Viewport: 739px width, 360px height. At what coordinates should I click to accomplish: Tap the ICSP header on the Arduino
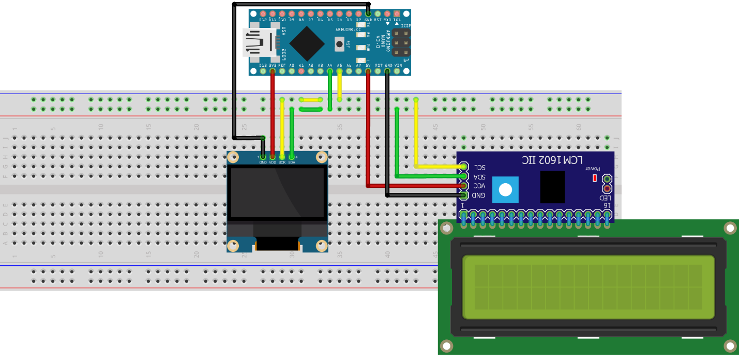[400, 43]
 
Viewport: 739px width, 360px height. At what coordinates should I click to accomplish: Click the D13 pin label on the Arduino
[263, 66]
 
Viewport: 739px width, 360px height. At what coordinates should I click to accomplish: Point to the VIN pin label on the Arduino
[398, 66]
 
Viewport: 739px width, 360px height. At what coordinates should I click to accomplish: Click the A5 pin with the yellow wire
[339, 71]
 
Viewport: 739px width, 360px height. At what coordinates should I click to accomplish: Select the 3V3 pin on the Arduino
[273, 71]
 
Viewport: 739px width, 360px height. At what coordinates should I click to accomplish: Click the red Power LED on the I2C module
[594, 178]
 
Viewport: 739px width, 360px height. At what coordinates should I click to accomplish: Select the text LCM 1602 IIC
[552, 160]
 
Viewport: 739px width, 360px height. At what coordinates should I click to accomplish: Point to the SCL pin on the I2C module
[463, 167]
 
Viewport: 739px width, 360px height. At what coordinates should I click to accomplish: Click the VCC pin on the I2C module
[463, 186]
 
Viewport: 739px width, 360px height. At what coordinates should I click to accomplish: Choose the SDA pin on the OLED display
[292, 156]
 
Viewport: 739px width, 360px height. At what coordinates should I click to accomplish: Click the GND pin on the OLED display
[263, 156]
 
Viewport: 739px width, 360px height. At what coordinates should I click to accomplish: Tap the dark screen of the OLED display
[278, 192]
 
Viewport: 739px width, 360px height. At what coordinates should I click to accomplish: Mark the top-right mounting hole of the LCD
[730, 228]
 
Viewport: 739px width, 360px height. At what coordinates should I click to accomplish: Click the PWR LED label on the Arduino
[368, 47]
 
